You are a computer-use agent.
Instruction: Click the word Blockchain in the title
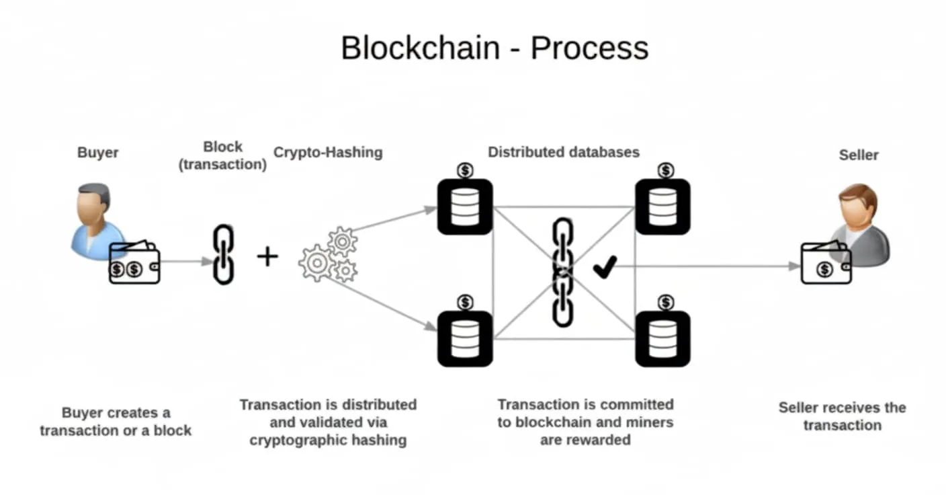click(420, 48)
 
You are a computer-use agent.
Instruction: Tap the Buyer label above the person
click(98, 152)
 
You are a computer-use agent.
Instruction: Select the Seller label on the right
click(858, 155)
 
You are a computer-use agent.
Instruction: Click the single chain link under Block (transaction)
click(223, 254)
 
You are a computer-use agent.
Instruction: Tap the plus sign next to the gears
click(267, 256)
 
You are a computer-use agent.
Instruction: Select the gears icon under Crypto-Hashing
click(329, 256)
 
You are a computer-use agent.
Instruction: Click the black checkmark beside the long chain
click(604, 268)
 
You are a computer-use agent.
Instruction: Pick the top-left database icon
click(465, 206)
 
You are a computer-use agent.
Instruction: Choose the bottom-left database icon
click(465, 339)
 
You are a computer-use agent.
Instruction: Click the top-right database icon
click(662, 206)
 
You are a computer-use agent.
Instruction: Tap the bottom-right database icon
click(662, 339)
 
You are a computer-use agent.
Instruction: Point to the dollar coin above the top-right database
click(665, 171)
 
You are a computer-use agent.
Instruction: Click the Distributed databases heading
click(563, 152)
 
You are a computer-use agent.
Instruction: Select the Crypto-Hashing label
click(328, 152)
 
